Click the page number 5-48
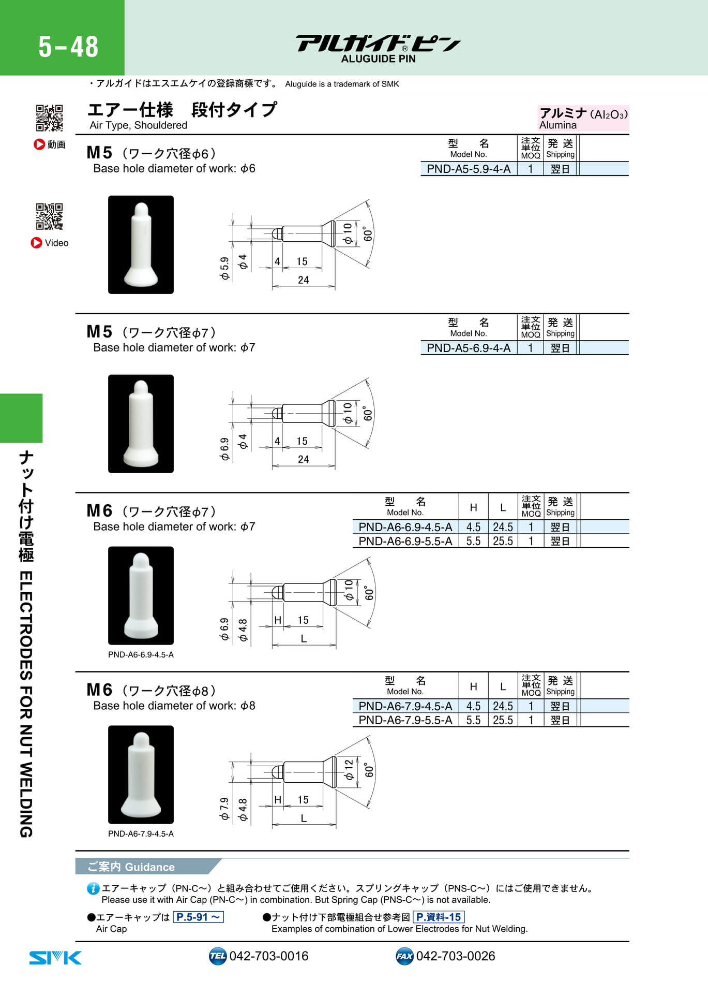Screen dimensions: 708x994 tap(68, 47)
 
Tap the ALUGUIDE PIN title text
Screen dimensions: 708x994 tap(378, 59)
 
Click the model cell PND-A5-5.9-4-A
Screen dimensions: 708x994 tap(469, 169)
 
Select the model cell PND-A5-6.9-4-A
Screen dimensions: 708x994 tap(469, 348)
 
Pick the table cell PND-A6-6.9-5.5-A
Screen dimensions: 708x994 tap(405, 541)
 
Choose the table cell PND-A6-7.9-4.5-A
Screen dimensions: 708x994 tap(405, 706)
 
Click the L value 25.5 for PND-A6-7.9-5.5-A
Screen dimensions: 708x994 tap(503, 720)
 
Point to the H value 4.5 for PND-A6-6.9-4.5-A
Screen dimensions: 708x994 tap(473, 527)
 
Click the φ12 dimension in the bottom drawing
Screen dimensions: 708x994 tap(349, 769)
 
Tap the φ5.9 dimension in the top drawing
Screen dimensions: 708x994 tap(224, 268)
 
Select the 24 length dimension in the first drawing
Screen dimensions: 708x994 tap(304, 280)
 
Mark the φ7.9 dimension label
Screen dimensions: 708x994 tap(224, 809)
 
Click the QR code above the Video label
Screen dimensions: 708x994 tap(50, 216)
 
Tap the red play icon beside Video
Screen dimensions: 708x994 tap(36, 243)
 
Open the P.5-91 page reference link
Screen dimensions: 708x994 tap(199, 917)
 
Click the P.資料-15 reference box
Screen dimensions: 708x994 tap(439, 917)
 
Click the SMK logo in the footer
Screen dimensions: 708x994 tap(55, 957)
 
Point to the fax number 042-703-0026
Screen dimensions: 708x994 tap(456, 956)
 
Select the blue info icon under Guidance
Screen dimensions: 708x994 tap(93, 889)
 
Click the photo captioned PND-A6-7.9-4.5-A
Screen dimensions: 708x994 tap(141, 774)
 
